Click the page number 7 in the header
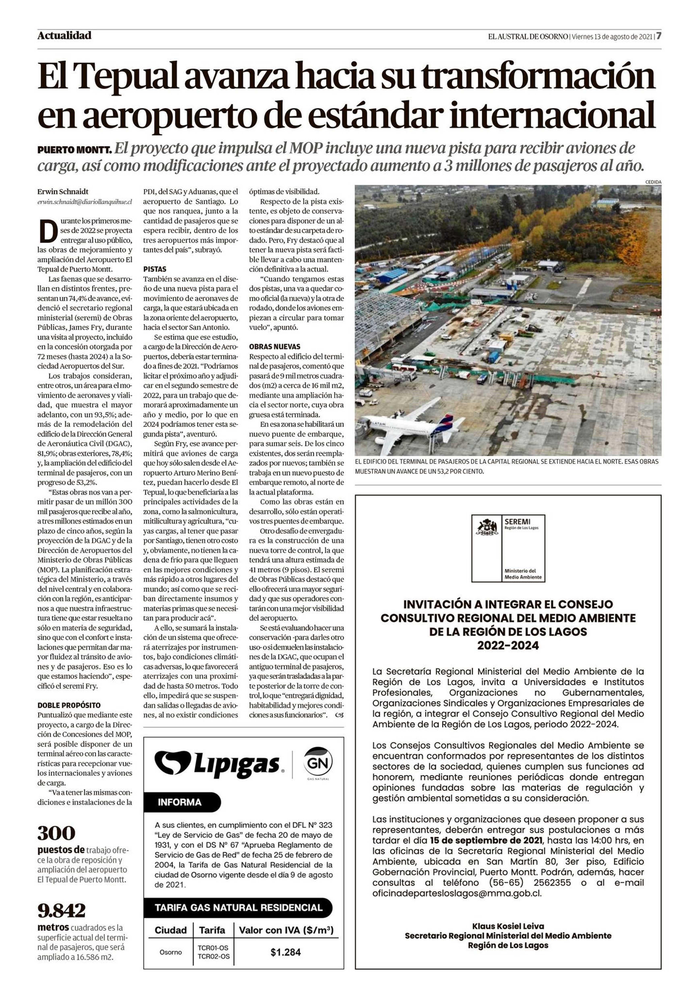(659, 36)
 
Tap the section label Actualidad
(64, 35)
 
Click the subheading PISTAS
(155, 269)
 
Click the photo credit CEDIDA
(653, 182)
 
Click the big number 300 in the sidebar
(56, 833)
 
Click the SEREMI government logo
(508, 548)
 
